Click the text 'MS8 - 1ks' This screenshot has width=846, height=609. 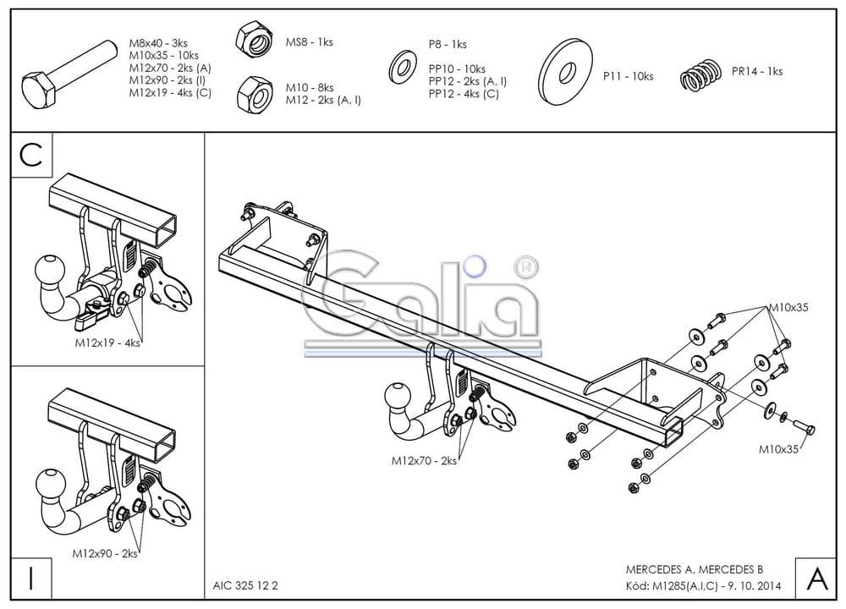(x=310, y=41)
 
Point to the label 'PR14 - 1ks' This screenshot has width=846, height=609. (x=756, y=71)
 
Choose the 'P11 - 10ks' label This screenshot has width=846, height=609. (x=628, y=76)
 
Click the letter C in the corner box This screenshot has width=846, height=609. (x=31, y=155)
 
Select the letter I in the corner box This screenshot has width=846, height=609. (x=31, y=579)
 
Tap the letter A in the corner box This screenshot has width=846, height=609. (x=817, y=579)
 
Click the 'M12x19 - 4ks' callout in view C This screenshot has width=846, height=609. (x=107, y=343)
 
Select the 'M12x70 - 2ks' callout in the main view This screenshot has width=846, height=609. (x=424, y=461)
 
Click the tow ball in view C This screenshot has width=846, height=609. (x=47, y=272)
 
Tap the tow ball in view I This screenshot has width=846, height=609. (x=47, y=485)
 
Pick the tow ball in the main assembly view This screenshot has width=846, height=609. (x=397, y=398)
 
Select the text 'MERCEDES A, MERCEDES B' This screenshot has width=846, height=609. (x=694, y=569)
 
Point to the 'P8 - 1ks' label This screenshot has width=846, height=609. (x=447, y=44)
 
